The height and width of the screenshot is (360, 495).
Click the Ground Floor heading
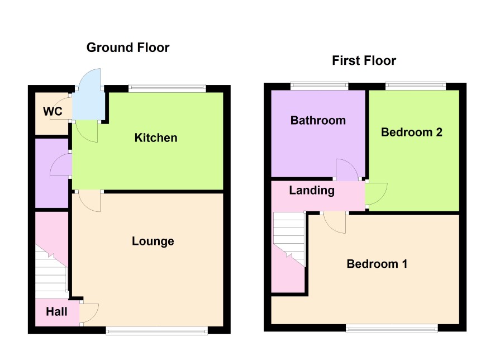click(128, 48)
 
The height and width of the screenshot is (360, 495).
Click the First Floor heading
click(364, 60)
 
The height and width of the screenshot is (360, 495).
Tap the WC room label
click(53, 111)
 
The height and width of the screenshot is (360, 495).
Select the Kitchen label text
click(156, 138)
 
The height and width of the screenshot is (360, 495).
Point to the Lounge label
click(153, 241)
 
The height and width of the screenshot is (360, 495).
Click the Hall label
click(56, 312)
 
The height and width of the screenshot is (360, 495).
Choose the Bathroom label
click(318, 120)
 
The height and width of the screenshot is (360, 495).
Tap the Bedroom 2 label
click(412, 132)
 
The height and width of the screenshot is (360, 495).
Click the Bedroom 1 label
click(377, 264)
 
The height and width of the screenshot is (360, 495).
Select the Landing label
click(312, 191)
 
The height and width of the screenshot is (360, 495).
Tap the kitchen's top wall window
click(167, 88)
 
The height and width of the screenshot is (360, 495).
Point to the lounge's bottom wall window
click(157, 330)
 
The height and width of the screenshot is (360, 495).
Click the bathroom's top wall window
click(319, 86)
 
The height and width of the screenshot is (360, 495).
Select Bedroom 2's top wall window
click(416, 86)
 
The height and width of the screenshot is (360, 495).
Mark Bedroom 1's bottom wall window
click(392, 329)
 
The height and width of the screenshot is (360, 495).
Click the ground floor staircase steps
click(51, 274)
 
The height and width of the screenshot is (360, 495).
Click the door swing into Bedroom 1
click(335, 222)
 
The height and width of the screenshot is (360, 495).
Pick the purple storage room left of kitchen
click(52, 173)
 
